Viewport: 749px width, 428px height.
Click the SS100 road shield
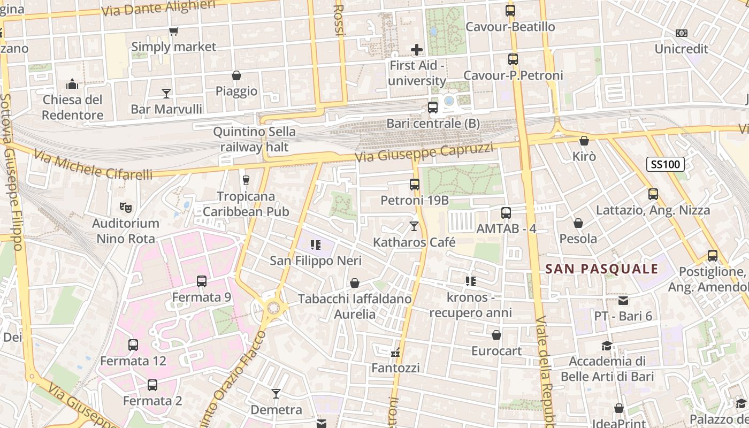(666, 164)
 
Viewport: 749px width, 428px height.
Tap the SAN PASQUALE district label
(602, 269)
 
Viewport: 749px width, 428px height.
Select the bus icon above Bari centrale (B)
(433, 108)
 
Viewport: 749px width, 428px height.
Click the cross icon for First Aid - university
(417, 50)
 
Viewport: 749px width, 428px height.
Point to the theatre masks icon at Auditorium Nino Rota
(125, 207)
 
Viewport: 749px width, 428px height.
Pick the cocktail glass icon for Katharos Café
(414, 226)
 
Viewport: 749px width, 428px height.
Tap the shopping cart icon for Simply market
(173, 32)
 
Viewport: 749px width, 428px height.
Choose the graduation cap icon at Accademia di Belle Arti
(607, 346)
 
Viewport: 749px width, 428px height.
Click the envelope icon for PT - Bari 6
(623, 301)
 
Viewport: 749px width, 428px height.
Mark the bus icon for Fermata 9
(202, 281)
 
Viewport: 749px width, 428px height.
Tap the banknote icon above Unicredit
(681, 33)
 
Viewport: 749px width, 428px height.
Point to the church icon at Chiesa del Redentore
(72, 84)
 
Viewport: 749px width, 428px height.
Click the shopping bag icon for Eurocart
(496, 335)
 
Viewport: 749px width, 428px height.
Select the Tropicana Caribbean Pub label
(246, 204)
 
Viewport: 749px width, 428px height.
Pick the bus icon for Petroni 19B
(415, 185)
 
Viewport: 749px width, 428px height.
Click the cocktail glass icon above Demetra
(276, 394)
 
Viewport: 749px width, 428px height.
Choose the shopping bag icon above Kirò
(584, 141)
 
